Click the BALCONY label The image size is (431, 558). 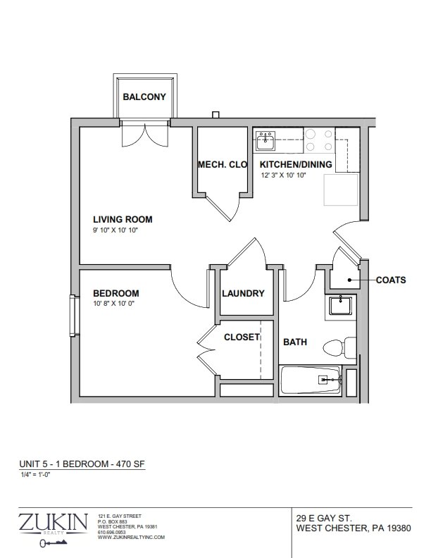click(144, 97)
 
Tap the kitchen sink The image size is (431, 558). click(266, 141)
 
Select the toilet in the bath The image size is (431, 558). click(339, 347)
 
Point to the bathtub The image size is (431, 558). click(311, 380)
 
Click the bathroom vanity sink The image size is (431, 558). click(340, 306)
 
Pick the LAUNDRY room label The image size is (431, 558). click(243, 293)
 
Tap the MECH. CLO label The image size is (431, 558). click(223, 164)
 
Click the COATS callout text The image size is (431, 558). click(391, 280)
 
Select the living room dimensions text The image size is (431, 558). click(115, 230)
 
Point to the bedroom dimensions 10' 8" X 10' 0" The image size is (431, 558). click(113, 304)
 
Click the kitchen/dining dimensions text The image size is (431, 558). click(283, 175)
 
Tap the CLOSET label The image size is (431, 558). click(242, 337)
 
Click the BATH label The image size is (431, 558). click(295, 342)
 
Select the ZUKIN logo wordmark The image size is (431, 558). click(53, 522)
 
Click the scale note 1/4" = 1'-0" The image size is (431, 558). click(35, 474)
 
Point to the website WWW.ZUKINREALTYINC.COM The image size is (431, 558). click(131, 538)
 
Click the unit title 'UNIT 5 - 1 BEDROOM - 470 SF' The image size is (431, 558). click(82, 464)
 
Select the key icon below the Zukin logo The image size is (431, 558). click(54, 542)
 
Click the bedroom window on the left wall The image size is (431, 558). click(75, 316)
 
